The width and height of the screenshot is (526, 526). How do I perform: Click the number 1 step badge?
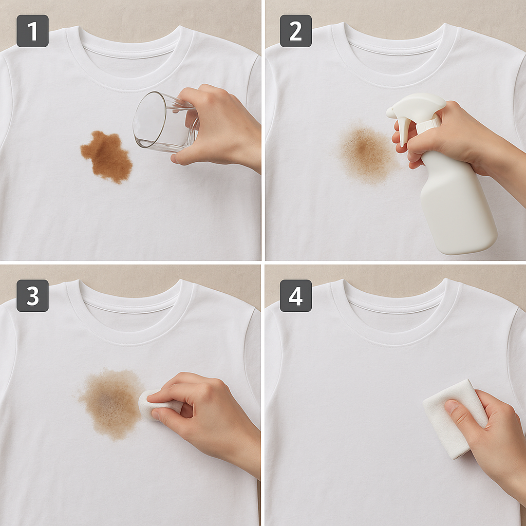click(32, 31)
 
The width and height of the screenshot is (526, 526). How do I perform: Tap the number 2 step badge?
click(295, 31)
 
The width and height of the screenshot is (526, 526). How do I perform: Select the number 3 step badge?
click(32, 295)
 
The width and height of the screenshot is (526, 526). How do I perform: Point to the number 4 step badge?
click(295, 295)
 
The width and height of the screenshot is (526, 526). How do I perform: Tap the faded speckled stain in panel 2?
click(366, 153)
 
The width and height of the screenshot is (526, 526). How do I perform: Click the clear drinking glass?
click(164, 122)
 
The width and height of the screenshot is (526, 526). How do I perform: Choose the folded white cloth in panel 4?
click(455, 419)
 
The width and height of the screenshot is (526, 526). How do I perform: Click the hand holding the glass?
click(218, 127)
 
